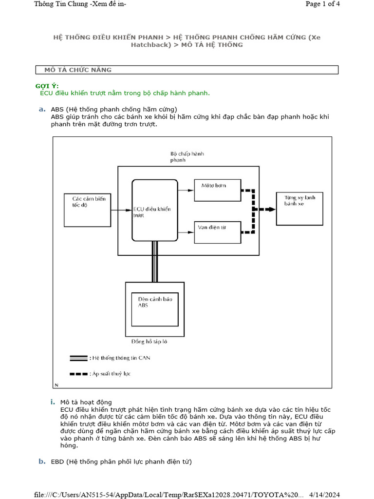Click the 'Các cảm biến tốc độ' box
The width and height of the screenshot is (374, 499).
click(x=88, y=209)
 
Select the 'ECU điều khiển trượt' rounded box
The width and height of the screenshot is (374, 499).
click(x=154, y=210)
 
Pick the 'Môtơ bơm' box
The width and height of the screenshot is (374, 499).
click(x=217, y=190)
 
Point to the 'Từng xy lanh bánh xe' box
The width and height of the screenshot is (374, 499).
click(x=299, y=208)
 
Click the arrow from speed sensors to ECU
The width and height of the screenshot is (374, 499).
click(x=122, y=210)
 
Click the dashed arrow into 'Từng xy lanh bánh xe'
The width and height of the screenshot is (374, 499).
click(x=265, y=209)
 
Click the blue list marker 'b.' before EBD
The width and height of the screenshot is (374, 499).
click(x=42, y=461)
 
